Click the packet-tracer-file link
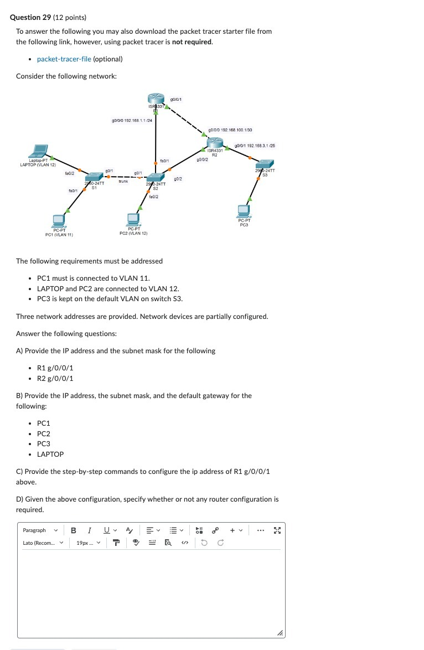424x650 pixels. (64, 59)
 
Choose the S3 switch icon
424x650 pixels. (265, 164)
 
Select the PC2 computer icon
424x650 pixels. (133, 219)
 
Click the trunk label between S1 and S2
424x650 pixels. (123, 181)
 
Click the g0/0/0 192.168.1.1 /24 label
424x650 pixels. (132, 120)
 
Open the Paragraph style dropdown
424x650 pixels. (40, 530)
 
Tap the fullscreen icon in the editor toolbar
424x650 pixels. (277, 530)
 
